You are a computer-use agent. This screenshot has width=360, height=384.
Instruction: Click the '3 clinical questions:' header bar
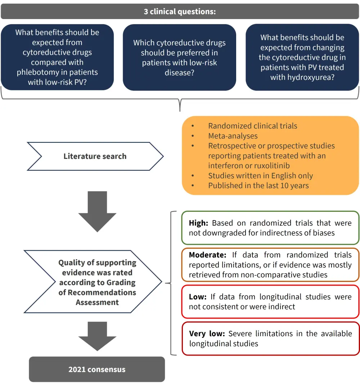click(180, 11)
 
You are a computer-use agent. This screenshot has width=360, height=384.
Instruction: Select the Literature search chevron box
click(95, 156)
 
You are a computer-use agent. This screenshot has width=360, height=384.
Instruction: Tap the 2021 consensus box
click(97, 369)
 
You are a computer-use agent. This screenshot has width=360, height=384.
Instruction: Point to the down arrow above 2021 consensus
click(97, 335)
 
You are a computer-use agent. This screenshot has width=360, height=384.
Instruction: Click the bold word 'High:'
click(198, 223)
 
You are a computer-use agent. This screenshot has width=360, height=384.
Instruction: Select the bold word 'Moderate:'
click(207, 255)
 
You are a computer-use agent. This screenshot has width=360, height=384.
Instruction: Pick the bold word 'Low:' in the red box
click(197, 297)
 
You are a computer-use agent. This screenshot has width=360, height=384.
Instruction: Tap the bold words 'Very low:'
click(207, 334)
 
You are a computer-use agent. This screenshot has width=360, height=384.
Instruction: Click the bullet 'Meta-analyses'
click(233, 136)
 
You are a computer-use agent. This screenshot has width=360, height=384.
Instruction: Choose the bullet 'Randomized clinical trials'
click(252, 126)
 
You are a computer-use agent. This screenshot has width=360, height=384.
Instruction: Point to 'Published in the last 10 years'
click(258, 186)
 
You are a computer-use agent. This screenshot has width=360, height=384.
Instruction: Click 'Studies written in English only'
click(260, 176)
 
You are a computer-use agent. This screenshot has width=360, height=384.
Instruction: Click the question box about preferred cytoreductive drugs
click(179, 58)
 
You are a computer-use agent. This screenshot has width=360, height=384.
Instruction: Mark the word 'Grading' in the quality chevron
click(121, 282)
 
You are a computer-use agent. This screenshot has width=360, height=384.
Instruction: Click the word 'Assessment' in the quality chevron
click(97, 302)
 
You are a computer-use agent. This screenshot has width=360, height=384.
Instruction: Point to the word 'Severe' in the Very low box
click(240, 334)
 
